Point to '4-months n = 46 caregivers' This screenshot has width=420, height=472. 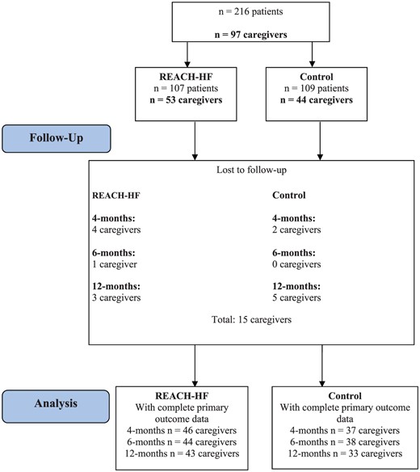[187, 432]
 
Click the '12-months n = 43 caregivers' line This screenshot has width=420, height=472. [187, 456]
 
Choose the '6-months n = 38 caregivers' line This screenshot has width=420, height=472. [345, 444]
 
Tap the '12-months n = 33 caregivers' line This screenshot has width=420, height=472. [345, 456]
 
